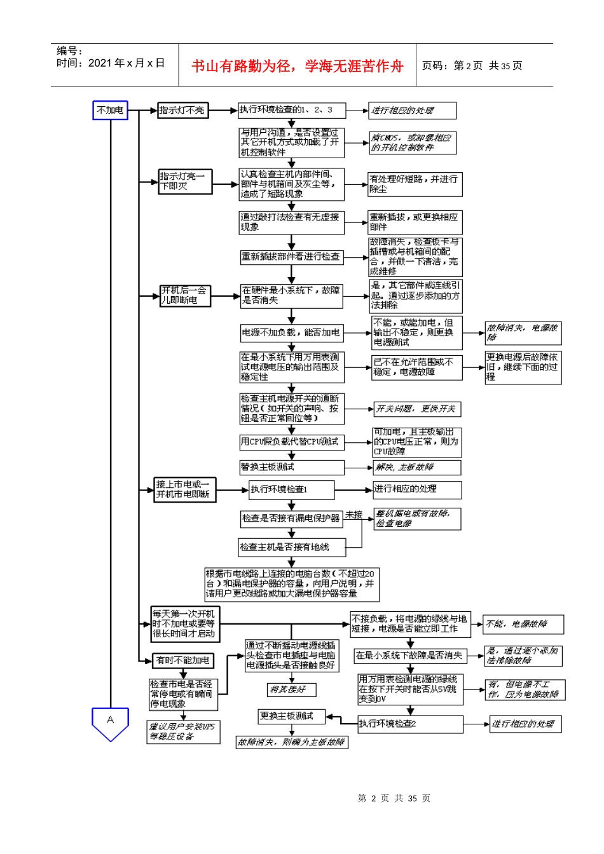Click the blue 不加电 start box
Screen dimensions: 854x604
[x=110, y=110]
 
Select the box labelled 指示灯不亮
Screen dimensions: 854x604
[x=182, y=111]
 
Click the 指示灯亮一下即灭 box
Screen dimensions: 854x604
[x=184, y=181]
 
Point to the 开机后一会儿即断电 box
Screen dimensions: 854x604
[x=184, y=295]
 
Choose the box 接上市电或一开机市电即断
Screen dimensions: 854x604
[x=184, y=489]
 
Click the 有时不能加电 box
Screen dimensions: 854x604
[x=183, y=661]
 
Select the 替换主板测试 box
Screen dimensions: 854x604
[x=291, y=468]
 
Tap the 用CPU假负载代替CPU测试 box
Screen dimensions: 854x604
[x=291, y=442]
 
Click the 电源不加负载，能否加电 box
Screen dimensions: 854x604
[x=291, y=332]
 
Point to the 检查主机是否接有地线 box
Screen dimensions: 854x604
[x=284, y=547]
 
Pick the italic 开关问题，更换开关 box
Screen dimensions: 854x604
[x=416, y=409]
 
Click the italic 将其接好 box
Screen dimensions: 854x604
[x=291, y=689]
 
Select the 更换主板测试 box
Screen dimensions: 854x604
[x=291, y=716]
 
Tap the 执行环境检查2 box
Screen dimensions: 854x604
[x=410, y=724]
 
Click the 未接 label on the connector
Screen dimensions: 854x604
[x=354, y=515]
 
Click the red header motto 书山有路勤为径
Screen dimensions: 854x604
[x=297, y=65]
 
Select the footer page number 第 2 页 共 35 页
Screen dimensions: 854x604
[x=394, y=799]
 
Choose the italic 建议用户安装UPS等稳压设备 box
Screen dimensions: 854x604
[x=183, y=732]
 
